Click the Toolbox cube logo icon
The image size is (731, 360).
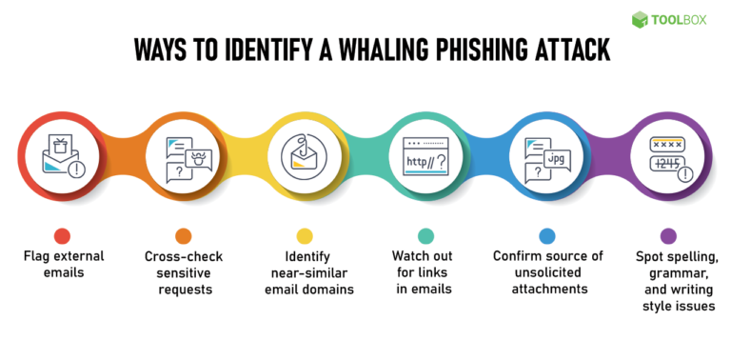pos(640,19)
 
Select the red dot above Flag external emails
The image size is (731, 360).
pos(63,235)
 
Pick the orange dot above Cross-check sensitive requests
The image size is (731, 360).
pos(183,235)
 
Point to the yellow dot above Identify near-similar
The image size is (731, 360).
pos(305,235)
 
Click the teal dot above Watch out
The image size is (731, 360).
pos(425,235)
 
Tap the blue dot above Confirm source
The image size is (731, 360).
pos(546,235)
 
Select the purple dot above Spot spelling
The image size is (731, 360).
pos(668,235)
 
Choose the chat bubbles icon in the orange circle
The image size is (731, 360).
pos(183,155)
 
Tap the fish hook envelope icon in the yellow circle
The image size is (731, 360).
pos(305,155)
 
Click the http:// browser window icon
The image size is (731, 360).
pos(425,155)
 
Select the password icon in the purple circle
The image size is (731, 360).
pos(668,155)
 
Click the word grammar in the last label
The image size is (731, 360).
pos(668,273)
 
